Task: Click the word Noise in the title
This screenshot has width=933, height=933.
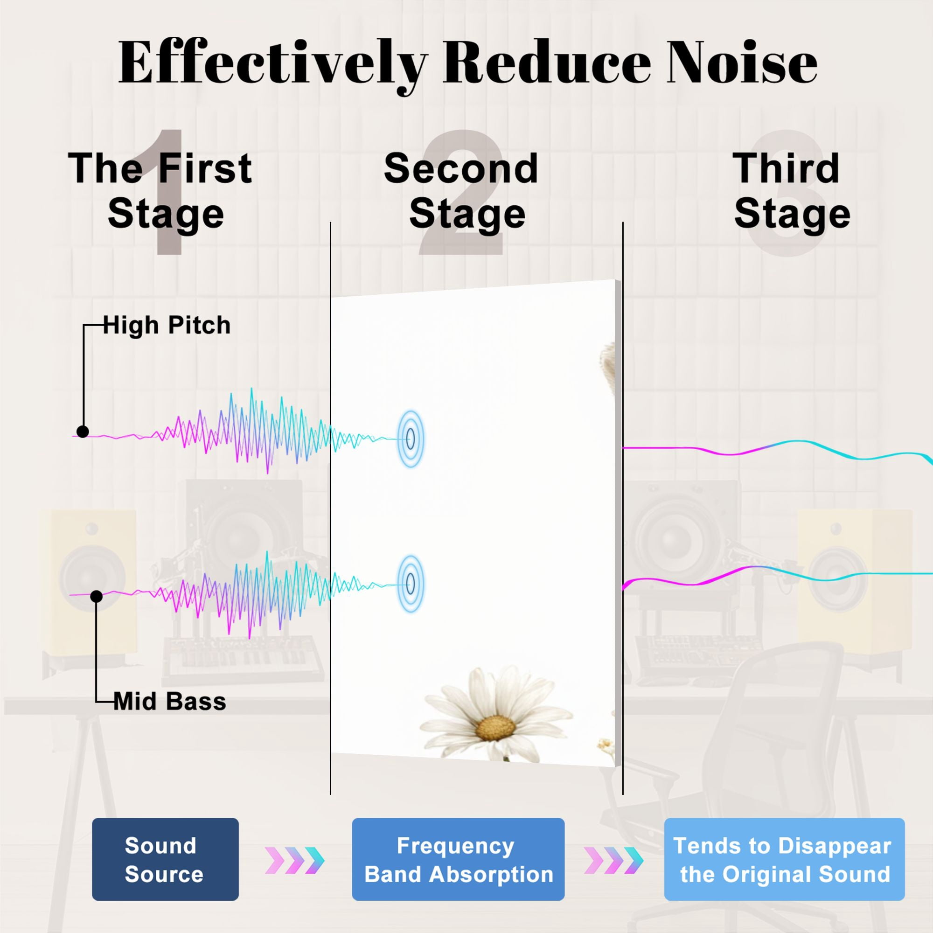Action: [742, 63]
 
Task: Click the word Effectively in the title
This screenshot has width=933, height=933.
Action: [273, 65]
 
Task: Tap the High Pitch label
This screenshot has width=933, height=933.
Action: [167, 326]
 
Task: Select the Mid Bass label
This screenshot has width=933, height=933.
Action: [170, 702]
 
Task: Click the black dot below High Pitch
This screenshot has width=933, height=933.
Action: [83, 432]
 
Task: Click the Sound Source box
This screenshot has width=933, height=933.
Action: [165, 859]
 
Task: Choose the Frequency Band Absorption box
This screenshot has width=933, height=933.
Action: [458, 859]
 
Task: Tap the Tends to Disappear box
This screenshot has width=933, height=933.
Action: [784, 859]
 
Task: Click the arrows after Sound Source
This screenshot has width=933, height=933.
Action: [294, 861]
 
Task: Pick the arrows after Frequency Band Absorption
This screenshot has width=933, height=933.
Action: [614, 861]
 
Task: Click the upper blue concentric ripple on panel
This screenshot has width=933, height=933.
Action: [411, 439]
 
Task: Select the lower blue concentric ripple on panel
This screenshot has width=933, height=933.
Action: [411, 584]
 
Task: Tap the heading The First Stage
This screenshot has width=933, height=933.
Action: [161, 191]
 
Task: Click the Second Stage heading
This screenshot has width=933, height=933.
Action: [461, 191]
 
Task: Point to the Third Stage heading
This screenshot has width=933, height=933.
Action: [792, 191]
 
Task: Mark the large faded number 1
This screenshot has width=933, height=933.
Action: [169, 193]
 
